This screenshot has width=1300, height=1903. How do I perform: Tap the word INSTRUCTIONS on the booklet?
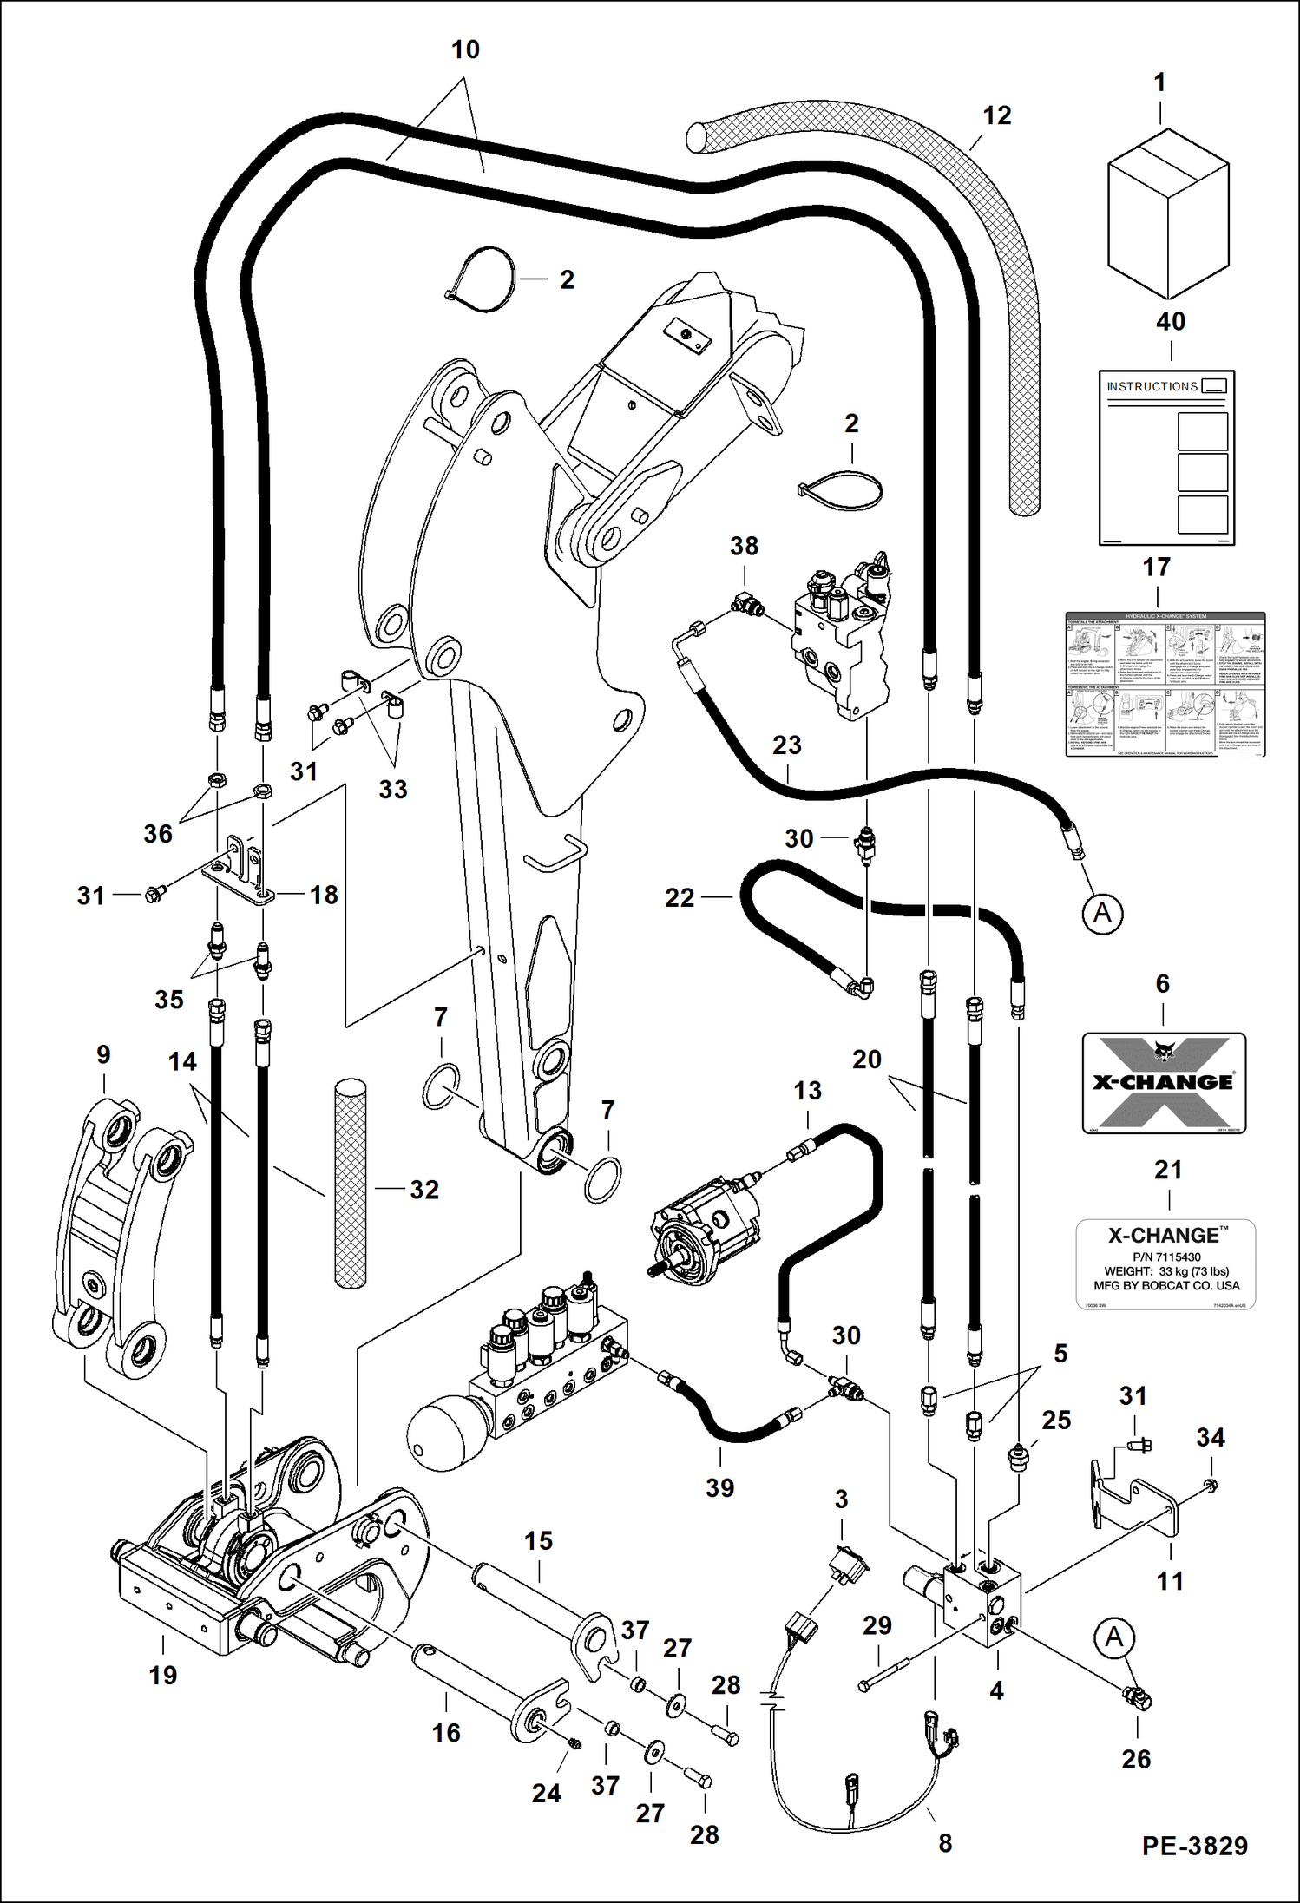[x=1152, y=386]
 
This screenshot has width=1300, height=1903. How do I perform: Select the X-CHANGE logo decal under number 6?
[x=1163, y=1082]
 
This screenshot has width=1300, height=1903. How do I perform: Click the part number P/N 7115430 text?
[x=1165, y=1257]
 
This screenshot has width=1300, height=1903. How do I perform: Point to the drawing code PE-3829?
[x=1194, y=1846]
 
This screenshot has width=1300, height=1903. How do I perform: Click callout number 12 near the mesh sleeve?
[x=996, y=115]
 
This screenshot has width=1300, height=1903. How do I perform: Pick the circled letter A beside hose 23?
[x=1102, y=913]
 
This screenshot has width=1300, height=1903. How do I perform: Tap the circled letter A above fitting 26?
[x=1114, y=1637]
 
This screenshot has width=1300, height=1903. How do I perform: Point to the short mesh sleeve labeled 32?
[x=351, y=1182]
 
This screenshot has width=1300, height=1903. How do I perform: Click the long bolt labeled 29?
[x=885, y=1674]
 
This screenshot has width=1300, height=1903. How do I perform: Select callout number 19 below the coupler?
[x=162, y=1674]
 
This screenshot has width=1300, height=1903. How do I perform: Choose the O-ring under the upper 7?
[x=441, y=1086]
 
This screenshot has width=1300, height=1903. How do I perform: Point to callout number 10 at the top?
[x=465, y=49]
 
